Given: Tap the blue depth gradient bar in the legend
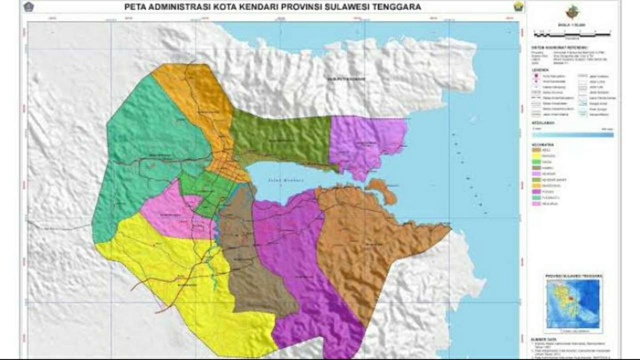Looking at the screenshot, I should [x=572, y=134].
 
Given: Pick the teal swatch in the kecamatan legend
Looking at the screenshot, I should [x=537, y=198].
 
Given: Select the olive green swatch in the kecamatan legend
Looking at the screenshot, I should [x=537, y=179].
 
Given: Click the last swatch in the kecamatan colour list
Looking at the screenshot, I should [x=537, y=204].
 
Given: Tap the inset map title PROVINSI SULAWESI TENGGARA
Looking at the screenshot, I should [x=573, y=276].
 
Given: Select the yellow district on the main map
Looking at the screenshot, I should [x=190, y=285].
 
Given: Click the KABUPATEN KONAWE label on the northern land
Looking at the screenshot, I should [x=346, y=79].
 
